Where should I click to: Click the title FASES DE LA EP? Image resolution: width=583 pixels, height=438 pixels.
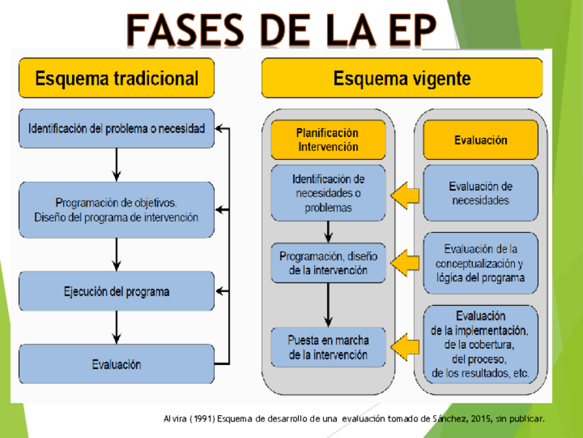281,29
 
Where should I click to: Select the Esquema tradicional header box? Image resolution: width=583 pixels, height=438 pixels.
116,78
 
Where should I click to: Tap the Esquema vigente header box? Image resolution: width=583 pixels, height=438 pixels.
402,78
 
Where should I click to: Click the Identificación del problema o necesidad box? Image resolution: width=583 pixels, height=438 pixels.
116,128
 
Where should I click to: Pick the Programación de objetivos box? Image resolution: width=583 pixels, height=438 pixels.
116,209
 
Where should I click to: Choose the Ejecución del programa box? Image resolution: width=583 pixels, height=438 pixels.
116,291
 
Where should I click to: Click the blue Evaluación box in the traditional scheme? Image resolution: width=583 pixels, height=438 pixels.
116,364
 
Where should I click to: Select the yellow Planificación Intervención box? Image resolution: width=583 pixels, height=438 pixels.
327,140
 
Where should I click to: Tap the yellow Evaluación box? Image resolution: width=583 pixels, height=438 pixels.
481,140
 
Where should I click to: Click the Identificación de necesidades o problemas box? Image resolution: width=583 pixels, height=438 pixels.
328,193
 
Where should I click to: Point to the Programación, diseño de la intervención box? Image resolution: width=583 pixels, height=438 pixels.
328,263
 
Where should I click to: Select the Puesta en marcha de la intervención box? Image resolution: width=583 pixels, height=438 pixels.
328,348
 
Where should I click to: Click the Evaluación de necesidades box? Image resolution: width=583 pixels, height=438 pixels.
481,193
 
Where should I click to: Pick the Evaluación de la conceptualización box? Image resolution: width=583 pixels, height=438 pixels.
481,263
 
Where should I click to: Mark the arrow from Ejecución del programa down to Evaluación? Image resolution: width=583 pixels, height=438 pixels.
116,326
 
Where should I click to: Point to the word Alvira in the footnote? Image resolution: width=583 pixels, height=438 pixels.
175,418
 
